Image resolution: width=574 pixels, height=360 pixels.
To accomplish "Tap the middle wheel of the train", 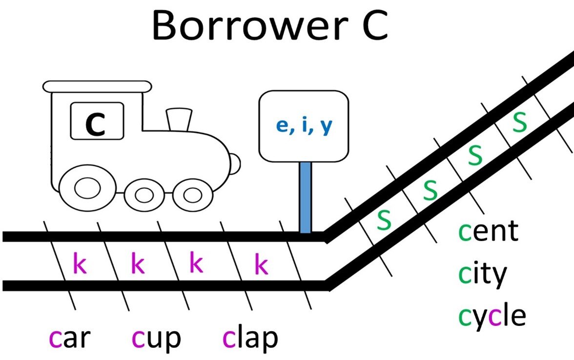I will point(143,196).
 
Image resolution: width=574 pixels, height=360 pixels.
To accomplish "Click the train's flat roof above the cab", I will point(97,86).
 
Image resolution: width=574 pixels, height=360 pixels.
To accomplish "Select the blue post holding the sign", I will point(306,197).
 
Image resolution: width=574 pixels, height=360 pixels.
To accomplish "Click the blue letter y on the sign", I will point(326,126).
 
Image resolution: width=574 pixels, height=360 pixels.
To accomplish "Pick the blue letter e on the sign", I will point(282,125).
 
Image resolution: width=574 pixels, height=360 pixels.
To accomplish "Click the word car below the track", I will point(70,338).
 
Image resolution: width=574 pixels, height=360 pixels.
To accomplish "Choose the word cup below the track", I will point(156,338).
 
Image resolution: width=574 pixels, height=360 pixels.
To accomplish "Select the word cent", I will point(488,232).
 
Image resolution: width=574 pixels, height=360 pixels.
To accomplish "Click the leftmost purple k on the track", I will point(80,264).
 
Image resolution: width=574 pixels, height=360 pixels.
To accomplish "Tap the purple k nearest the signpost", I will point(261,265).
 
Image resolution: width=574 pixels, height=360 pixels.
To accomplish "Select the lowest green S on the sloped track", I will point(385,220).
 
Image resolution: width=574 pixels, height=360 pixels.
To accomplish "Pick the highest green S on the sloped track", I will point(520,124).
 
